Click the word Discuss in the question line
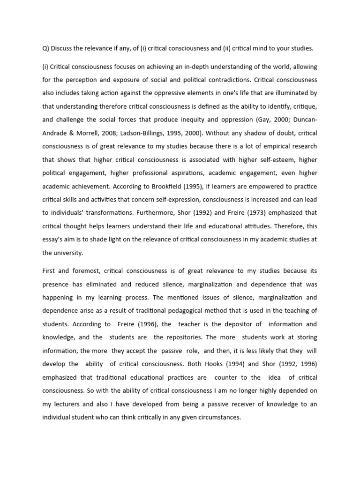62,48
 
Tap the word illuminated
290,94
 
